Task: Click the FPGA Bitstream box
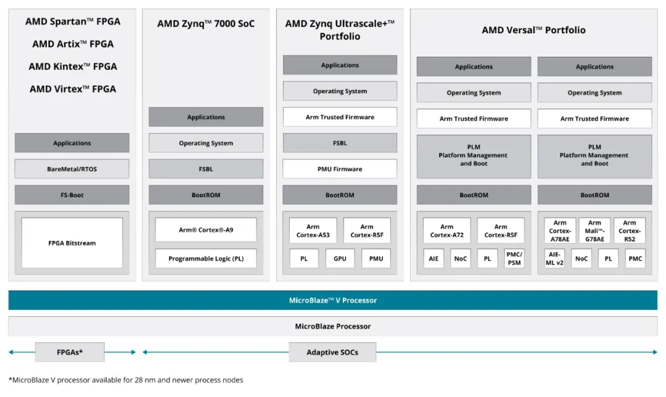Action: point(72,243)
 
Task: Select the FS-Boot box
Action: point(72,195)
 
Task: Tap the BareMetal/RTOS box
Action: point(72,169)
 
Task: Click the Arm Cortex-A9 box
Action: point(206,230)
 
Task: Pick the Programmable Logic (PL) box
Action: point(206,259)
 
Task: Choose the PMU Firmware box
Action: point(340,169)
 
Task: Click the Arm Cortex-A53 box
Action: point(313,231)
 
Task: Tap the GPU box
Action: point(340,259)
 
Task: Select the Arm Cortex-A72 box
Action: point(446,231)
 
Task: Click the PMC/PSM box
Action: point(514,258)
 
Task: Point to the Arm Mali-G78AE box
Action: point(594,231)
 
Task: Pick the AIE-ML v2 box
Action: point(554,258)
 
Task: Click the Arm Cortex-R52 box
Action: point(629,231)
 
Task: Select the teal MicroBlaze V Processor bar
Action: point(333,300)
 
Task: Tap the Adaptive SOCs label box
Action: point(332,352)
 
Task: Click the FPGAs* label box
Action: point(70,352)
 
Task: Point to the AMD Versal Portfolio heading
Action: point(533,30)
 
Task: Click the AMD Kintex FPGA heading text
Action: point(73,67)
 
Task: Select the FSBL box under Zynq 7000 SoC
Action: point(206,169)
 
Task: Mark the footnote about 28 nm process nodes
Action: point(126,380)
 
